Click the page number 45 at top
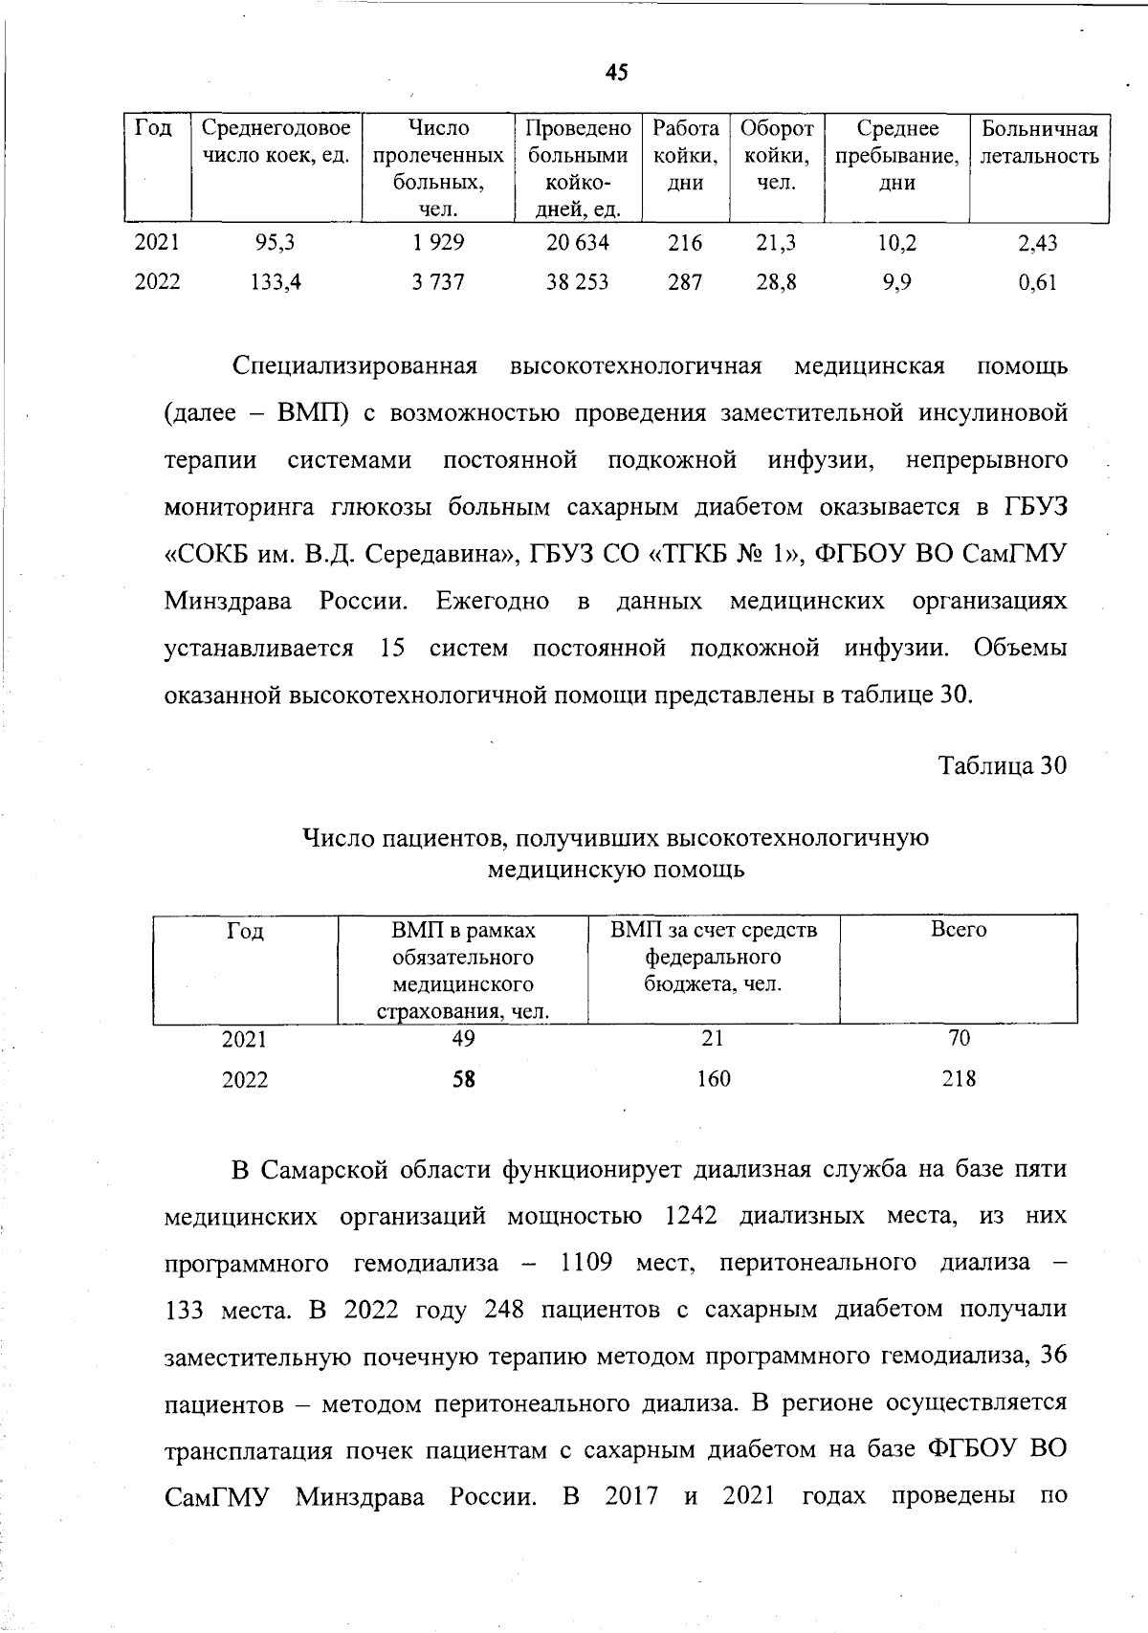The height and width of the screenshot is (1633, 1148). pos(616,72)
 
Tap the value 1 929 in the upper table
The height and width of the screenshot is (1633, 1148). pos(438,243)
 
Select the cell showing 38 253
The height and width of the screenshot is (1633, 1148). pos(577,282)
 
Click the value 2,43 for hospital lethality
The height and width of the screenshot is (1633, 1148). pos(1038,244)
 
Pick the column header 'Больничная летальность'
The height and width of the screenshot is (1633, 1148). pos(1040,143)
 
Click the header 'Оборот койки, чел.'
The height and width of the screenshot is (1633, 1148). pos(777,155)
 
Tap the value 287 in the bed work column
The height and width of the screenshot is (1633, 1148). pos(685,282)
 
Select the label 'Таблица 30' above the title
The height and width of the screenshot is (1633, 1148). pos(1002,766)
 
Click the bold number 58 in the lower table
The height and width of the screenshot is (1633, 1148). pos(464,1080)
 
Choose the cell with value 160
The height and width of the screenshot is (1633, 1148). pos(713,1079)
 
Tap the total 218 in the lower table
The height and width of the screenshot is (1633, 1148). pos(959,1079)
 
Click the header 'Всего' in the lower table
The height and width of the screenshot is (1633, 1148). pos(959,930)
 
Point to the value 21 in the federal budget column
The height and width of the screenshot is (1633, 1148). pos(713,1039)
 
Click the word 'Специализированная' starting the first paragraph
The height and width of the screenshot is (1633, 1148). pos(354,366)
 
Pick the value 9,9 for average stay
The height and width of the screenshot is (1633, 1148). pos(896,282)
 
